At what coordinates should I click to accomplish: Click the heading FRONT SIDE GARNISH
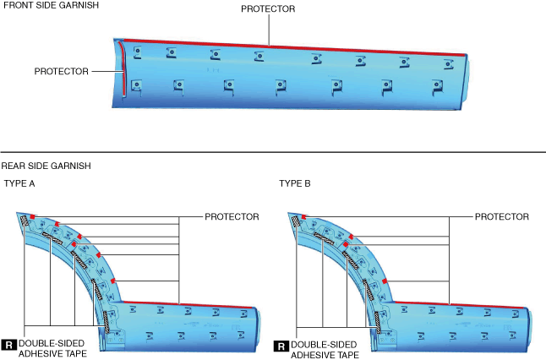click(50, 6)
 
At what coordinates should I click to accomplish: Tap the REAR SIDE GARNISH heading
click(46, 166)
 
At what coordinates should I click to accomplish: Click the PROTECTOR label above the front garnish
click(268, 9)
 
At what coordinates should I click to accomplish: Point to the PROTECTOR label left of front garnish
click(61, 72)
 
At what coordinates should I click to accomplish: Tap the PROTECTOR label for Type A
click(232, 217)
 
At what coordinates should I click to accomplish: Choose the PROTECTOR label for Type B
click(502, 217)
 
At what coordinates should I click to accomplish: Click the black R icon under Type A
click(9, 345)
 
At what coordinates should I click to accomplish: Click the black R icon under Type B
click(281, 345)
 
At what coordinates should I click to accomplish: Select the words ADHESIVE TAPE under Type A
click(52, 355)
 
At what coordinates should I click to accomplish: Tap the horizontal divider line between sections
click(273, 152)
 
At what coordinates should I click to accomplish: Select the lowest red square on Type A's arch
click(113, 281)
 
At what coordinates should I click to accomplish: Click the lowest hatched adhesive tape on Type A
click(106, 320)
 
